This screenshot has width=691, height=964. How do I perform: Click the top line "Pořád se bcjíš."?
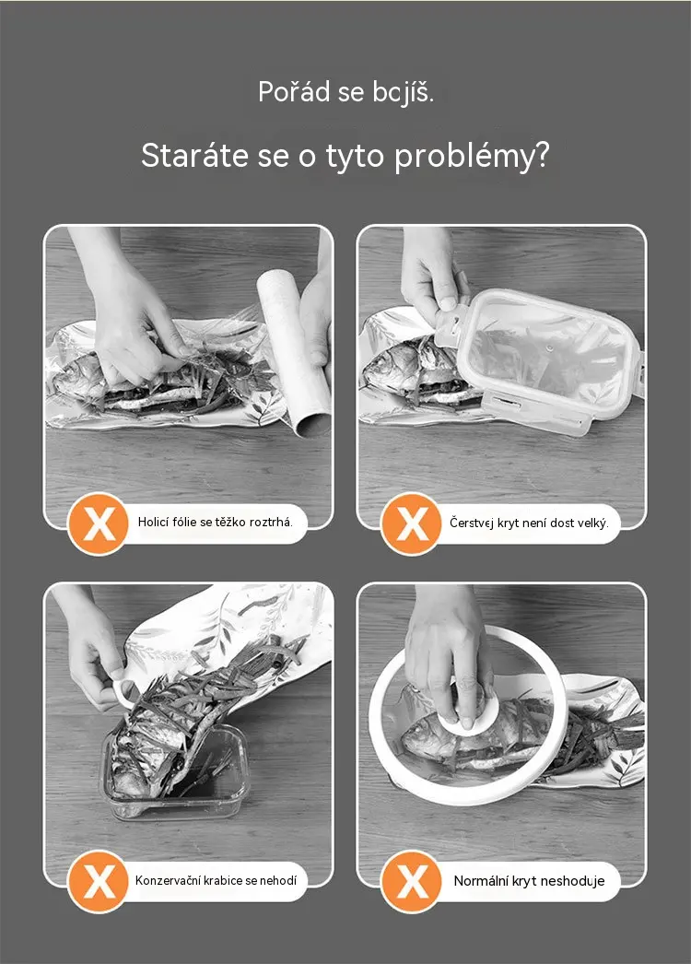(346, 92)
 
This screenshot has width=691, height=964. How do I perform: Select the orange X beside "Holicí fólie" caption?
(99, 523)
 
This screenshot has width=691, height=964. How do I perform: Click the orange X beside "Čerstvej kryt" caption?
(411, 523)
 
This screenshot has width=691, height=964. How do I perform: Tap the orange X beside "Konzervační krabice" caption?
(99, 881)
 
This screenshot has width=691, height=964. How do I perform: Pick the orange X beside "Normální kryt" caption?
(411, 881)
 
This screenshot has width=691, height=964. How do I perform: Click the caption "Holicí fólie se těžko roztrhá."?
(216, 523)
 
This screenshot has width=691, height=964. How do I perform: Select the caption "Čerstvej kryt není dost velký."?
(529, 523)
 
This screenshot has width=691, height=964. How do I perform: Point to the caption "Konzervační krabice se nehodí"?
(216, 880)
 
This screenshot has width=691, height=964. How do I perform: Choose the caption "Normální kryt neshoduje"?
(529, 881)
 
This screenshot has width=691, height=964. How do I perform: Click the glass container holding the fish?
(175, 771)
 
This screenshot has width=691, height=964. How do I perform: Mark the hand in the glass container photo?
(92, 645)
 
